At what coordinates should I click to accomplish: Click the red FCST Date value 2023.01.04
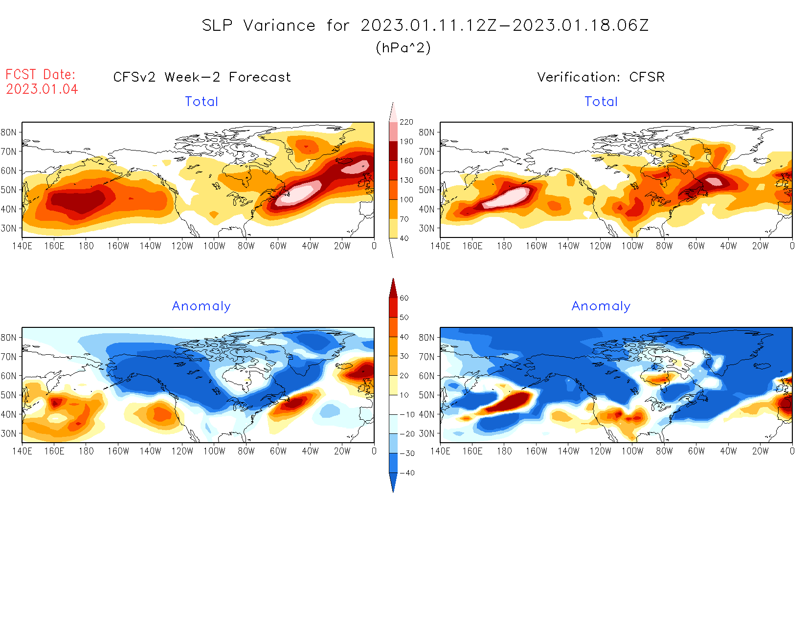click(42, 89)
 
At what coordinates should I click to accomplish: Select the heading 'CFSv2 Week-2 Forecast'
click(202, 77)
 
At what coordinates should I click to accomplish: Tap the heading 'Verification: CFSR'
click(601, 77)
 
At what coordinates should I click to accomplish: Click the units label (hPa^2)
click(403, 48)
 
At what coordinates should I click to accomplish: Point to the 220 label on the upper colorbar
click(406, 122)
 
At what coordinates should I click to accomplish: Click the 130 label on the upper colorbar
click(406, 180)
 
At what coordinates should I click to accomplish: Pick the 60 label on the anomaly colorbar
click(404, 298)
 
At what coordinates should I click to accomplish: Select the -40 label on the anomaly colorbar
click(407, 473)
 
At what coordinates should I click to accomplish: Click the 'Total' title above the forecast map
click(202, 102)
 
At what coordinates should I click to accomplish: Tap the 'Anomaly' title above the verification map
click(601, 306)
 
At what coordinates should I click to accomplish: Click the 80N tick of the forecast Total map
click(8, 132)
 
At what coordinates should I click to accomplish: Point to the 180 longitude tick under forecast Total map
click(86, 246)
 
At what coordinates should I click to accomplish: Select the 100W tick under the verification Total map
click(632, 246)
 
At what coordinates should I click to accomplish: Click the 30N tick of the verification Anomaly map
click(426, 434)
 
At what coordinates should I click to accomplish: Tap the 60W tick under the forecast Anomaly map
click(278, 451)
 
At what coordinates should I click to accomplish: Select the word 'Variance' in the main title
click(279, 25)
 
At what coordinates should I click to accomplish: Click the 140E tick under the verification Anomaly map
click(440, 451)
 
